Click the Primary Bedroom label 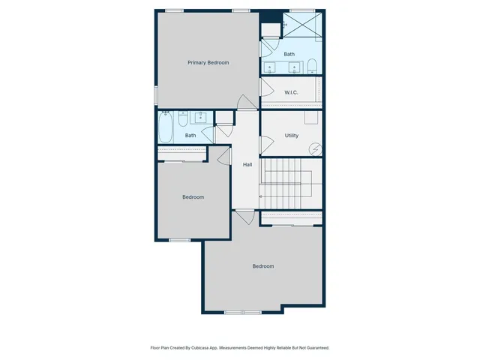pos(208,63)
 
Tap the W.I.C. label pos(291,92)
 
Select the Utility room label pos(292,136)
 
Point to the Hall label pos(247,165)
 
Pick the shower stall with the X pos(304,25)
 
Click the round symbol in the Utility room pos(316,149)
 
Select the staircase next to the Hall pos(291,184)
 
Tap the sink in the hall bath pos(201,117)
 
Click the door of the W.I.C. pos(265,87)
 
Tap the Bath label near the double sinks pos(289,54)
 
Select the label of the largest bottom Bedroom pos(262,266)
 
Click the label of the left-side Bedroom pos(193,197)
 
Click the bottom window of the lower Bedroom pos(242,312)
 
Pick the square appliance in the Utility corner pos(311,118)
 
